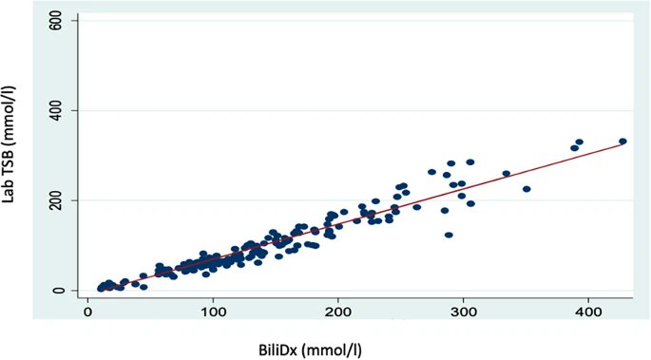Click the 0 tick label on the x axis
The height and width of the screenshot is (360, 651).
click(88, 311)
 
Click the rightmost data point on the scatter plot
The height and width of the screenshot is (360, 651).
click(622, 142)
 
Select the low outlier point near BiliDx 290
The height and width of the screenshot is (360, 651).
click(449, 235)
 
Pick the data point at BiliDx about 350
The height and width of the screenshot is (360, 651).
click(527, 189)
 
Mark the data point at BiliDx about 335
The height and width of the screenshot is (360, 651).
click(507, 174)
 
